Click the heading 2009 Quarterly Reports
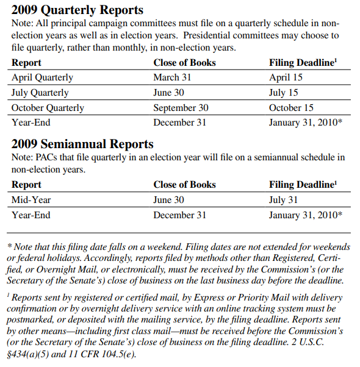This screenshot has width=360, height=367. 77,10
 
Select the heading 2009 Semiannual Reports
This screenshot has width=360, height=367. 82,144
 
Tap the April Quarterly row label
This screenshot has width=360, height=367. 42,77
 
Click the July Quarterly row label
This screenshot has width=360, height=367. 40,93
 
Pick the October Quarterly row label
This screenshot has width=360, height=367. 48,108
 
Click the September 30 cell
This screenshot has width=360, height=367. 181,108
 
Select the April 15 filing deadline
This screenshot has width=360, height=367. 286,77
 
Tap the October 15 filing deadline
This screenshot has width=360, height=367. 291,108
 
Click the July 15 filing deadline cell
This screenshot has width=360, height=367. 283,93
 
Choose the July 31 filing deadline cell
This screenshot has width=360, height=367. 283,199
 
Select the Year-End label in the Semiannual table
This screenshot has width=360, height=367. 31,215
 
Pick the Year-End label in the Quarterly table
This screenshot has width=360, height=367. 31,123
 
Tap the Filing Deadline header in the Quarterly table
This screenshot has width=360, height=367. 301,63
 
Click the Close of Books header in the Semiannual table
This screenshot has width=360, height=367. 184,185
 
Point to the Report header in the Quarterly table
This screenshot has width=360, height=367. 27,63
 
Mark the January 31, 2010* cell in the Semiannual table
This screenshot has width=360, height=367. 305,215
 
